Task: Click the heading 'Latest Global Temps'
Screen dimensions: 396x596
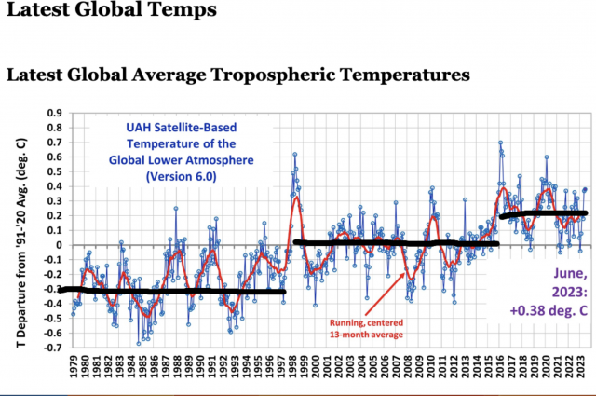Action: click(x=109, y=11)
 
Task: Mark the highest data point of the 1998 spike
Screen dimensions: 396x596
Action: click(x=294, y=154)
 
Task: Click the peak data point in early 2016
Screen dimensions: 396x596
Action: click(x=500, y=143)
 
